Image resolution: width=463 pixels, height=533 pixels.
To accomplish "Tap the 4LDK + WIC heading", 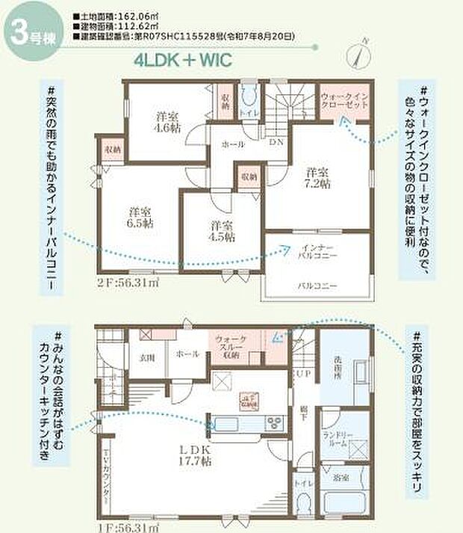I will coord(181,61).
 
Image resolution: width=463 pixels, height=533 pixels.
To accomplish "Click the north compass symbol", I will coord(359,55).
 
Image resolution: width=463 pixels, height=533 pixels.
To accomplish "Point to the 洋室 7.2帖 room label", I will coord(318,179).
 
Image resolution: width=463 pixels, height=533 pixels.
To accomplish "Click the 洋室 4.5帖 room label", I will coord(221,230).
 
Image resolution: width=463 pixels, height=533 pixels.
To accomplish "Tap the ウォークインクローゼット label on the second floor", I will coord(344,102).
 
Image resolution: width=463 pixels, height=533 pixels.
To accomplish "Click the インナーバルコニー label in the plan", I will coord(318,251).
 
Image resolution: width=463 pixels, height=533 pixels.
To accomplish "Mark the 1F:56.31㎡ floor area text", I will coord(127,527).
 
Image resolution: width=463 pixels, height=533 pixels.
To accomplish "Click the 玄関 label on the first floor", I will coord(146,357).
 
